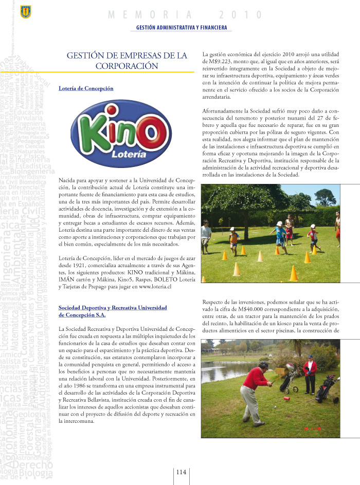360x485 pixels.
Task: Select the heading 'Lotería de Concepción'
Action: tap(86, 88)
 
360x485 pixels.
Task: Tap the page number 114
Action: tap(181, 472)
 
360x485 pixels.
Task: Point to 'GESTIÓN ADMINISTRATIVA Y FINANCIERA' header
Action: tap(181, 27)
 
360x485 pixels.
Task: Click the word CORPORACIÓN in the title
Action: tap(127, 66)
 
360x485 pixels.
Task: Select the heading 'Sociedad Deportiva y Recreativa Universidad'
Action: tap(113, 307)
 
